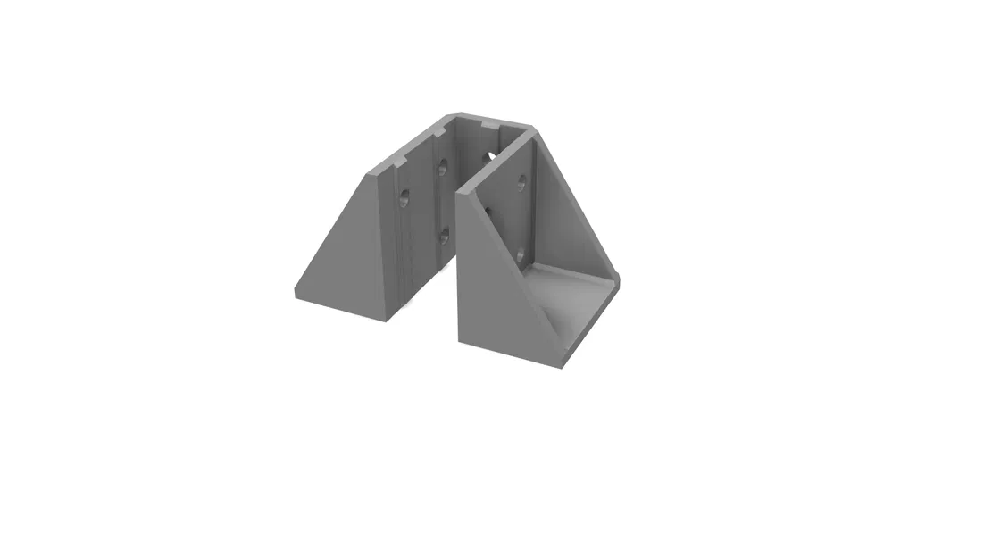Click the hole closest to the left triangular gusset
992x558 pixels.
click(404, 197)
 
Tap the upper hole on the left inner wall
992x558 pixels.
click(441, 167)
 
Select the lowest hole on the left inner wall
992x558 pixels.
click(442, 237)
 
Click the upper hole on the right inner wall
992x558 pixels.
click(521, 182)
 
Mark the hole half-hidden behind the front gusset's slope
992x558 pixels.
click(488, 211)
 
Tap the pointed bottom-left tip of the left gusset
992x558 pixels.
click(296, 292)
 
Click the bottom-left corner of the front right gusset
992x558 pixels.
click(459, 339)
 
